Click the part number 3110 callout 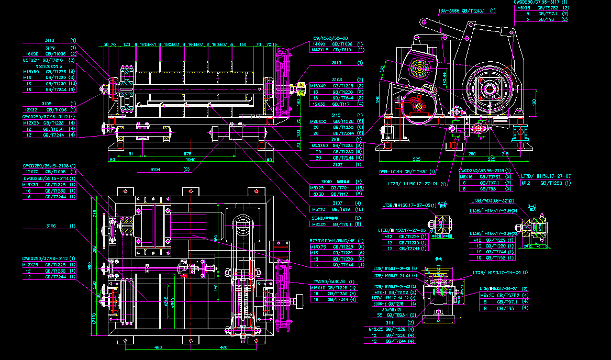point(49,40)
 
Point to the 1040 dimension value point(190,160)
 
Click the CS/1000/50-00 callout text point(330,38)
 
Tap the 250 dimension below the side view point(472,154)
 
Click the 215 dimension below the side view point(505,154)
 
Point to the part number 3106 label point(51,226)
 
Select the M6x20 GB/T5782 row point(504,295)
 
